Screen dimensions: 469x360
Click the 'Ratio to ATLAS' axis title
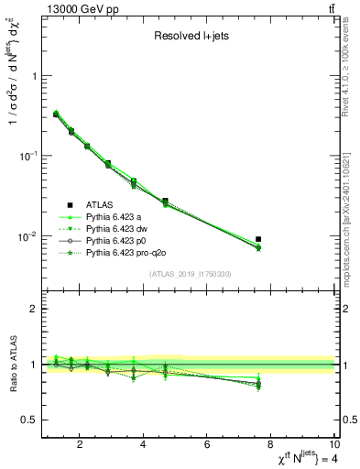(x=12, y=365)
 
